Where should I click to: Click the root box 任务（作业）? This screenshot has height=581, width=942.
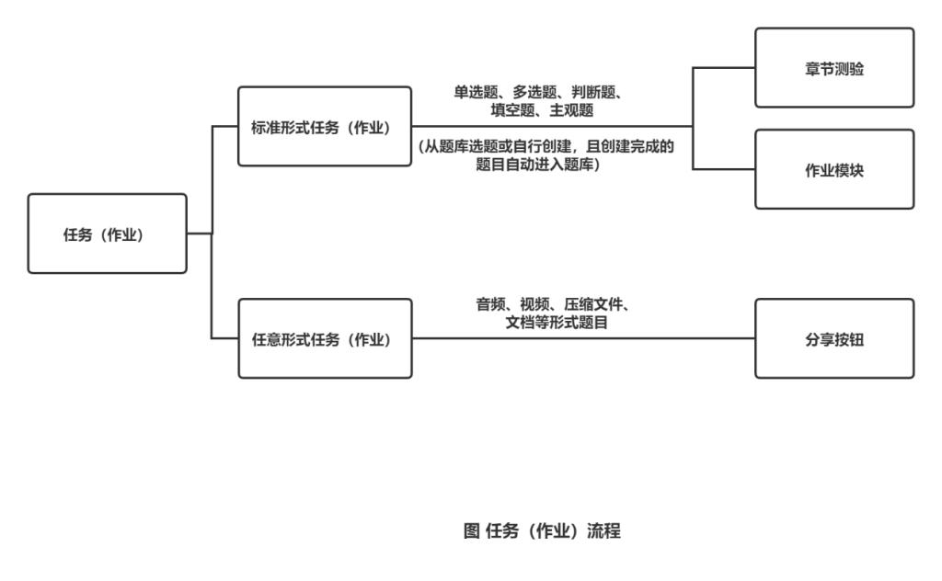(107, 234)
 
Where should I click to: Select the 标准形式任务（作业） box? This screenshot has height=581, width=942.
(325, 127)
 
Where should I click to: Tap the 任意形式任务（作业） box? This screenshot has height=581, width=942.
(325, 338)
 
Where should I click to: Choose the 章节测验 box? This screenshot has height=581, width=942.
(834, 68)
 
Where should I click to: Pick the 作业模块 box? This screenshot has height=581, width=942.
(834, 169)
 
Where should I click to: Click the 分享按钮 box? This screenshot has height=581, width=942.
(834, 338)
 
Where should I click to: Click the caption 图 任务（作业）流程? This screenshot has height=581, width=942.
(542, 530)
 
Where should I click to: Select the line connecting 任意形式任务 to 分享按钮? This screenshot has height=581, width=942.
(583, 338)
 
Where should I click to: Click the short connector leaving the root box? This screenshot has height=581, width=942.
(200, 234)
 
